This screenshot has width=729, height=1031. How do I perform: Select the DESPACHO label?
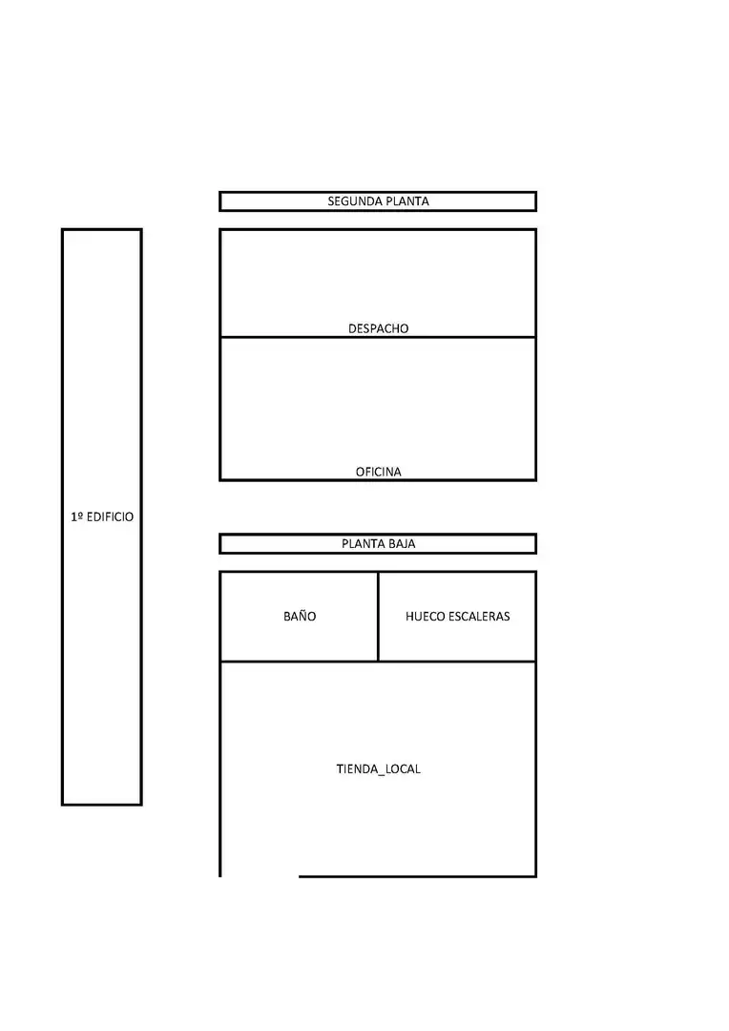378,328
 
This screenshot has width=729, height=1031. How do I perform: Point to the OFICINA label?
378,473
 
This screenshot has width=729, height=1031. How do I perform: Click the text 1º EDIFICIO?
102,516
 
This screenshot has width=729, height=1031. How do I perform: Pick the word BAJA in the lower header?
402,544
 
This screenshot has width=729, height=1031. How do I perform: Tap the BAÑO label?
300,616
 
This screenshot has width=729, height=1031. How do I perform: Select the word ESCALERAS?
479,616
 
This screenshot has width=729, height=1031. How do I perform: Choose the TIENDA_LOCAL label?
378,768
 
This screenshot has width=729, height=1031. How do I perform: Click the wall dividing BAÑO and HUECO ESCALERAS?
378,617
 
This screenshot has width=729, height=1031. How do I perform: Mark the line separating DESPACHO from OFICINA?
378,337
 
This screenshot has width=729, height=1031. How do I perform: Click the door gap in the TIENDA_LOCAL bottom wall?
260,875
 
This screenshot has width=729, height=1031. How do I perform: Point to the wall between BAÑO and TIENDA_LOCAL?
299,662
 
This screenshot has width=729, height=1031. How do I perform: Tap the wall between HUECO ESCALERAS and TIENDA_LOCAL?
457,662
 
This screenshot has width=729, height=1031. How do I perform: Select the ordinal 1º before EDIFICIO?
77,516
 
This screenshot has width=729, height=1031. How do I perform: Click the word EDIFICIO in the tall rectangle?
110,516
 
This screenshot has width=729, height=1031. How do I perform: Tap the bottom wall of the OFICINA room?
378,480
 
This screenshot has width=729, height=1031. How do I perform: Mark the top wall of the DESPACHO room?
378,229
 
